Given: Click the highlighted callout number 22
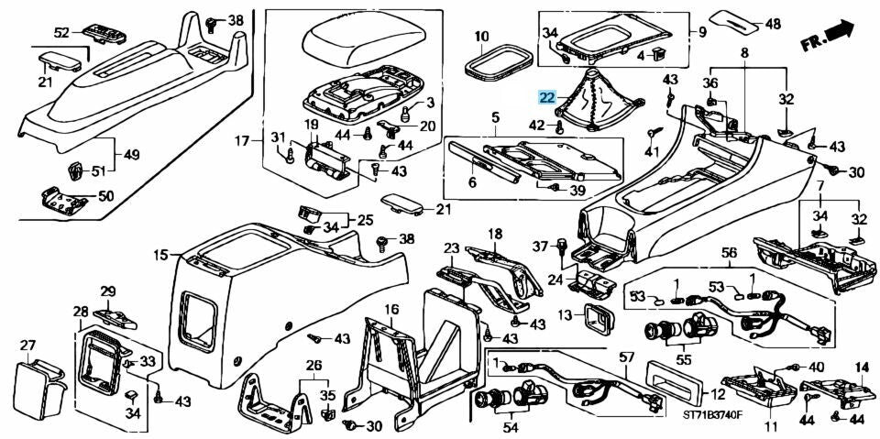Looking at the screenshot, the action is (546, 98).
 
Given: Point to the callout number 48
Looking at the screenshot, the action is (774, 24).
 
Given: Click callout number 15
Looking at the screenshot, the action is (161, 256).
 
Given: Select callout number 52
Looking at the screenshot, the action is (61, 33).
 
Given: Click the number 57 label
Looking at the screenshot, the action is (624, 357).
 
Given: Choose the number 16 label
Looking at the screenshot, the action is (391, 309).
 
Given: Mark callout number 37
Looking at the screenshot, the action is (540, 246).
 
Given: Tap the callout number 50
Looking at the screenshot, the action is (106, 196).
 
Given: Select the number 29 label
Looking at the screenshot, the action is (108, 291).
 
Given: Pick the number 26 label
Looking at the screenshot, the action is (313, 366).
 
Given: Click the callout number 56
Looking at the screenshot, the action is (729, 253).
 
